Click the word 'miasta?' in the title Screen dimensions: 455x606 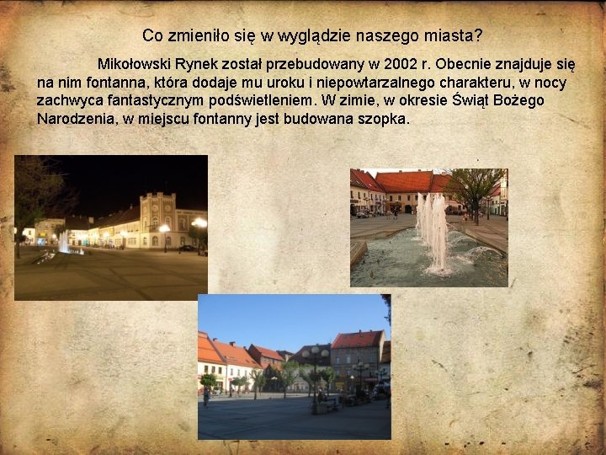[x=454, y=35]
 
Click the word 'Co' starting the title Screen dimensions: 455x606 [x=152, y=35]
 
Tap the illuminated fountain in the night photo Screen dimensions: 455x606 [x=65, y=243]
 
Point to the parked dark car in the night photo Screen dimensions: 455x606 [x=186, y=248]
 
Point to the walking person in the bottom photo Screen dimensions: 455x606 [x=205, y=396]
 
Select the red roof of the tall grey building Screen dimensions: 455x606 [x=357, y=339]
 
